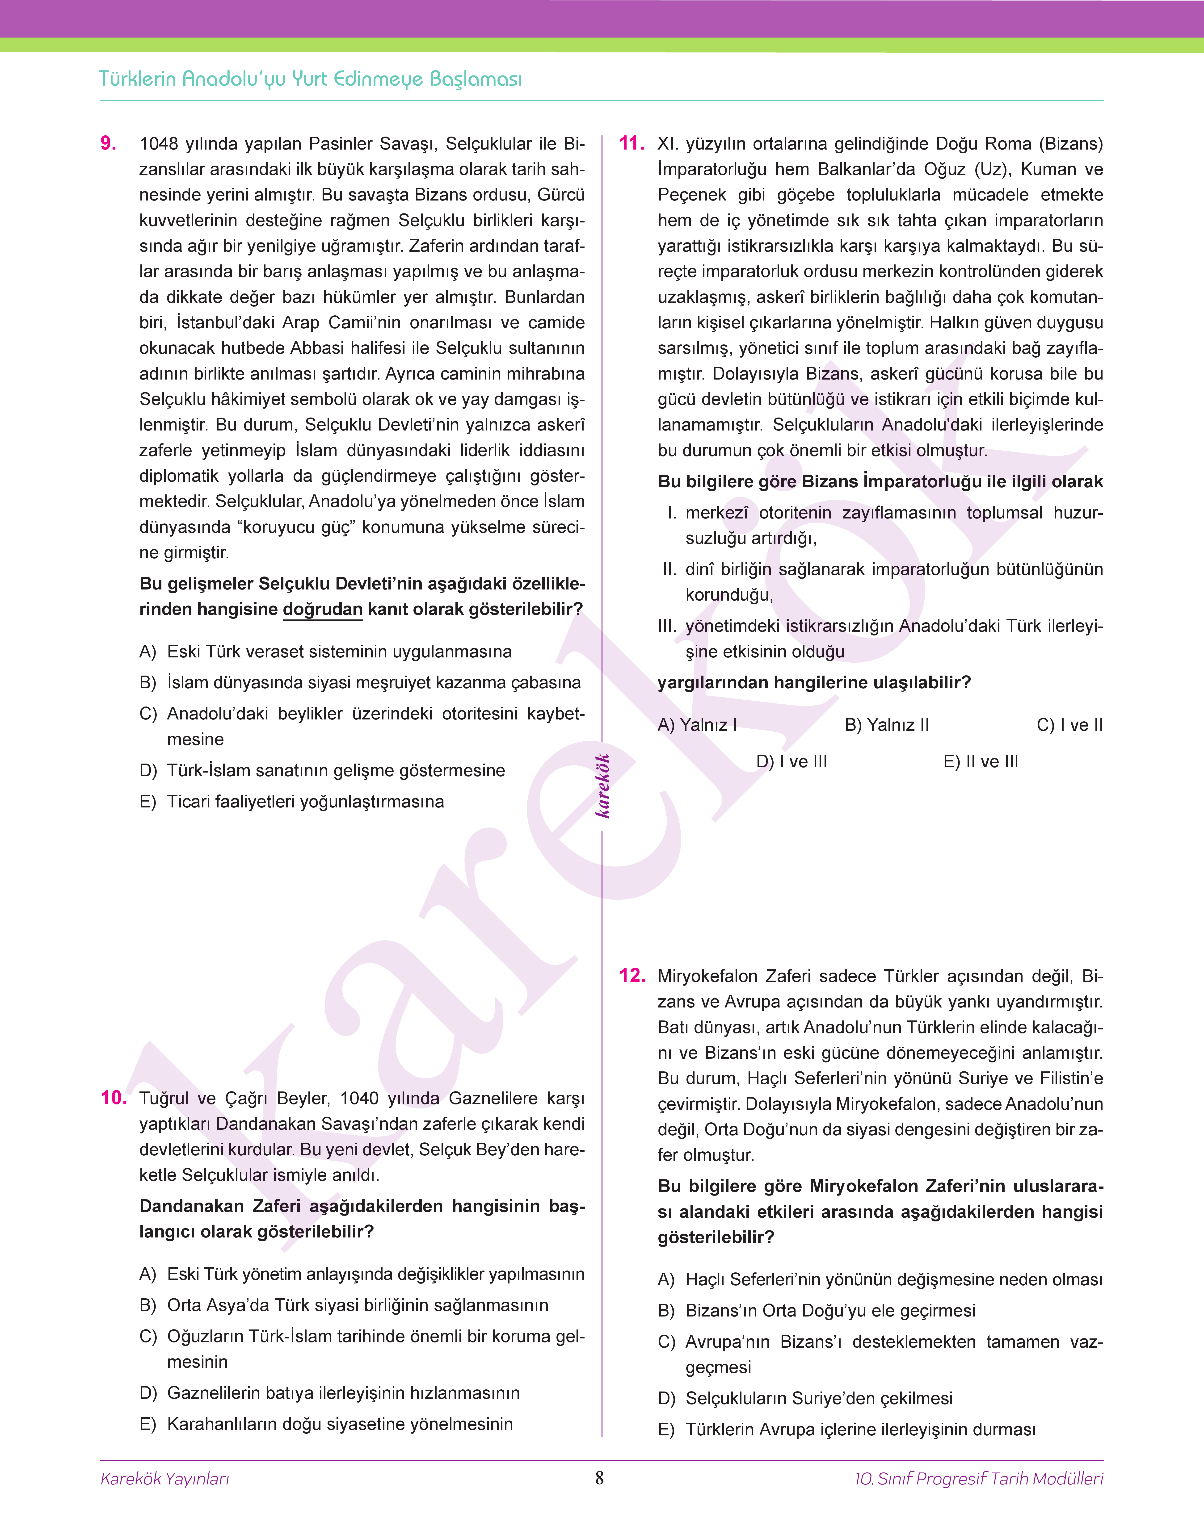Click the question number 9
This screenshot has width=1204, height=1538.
click(x=109, y=144)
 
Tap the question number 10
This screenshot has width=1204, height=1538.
click(x=114, y=1098)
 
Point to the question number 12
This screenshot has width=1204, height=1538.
click(x=631, y=976)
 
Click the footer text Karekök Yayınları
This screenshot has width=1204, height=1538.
click(x=165, y=1479)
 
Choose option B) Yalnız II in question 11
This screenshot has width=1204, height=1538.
click(x=887, y=725)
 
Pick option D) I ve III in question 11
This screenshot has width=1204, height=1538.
click(x=792, y=762)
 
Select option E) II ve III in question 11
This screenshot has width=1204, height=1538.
click(x=981, y=762)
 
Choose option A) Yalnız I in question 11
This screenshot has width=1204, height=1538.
click(x=697, y=725)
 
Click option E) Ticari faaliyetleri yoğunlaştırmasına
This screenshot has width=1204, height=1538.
click(x=292, y=802)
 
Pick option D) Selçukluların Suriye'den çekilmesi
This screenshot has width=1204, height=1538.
click(x=805, y=1399)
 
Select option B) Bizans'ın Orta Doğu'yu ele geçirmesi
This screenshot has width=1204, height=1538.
click(x=816, y=1310)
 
